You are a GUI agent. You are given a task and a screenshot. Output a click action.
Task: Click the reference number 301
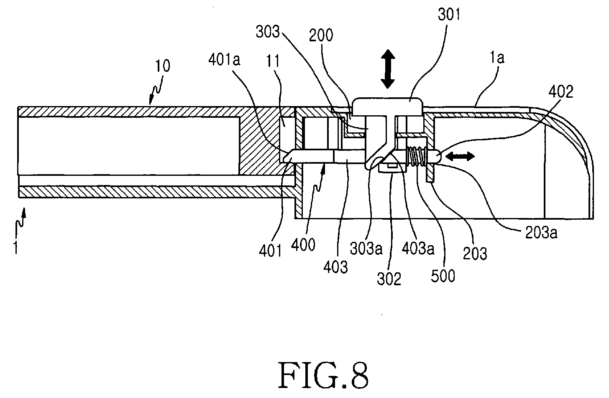(x=449, y=14)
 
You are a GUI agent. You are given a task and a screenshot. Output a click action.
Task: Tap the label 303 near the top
(x=268, y=31)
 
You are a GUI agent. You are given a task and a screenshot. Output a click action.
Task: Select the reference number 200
(x=321, y=35)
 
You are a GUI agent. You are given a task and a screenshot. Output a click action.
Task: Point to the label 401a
(x=224, y=60)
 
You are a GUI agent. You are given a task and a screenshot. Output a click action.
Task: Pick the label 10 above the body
(x=163, y=66)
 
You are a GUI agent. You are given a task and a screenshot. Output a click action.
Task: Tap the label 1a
(x=497, y=58)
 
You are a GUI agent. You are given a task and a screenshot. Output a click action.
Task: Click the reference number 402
(x=561, y=91)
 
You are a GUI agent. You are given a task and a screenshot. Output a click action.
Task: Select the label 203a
(x=541, y=233)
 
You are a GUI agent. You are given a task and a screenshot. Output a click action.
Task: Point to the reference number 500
(x=443, y=276)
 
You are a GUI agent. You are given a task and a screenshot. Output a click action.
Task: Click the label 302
(x=389, y=279)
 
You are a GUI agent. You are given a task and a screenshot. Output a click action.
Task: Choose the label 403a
(x=418, y=248)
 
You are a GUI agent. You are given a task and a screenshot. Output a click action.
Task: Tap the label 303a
(x=366, y=248)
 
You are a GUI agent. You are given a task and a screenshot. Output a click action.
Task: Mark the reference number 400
(x=303, y=245)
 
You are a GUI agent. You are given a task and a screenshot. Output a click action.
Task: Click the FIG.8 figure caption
(x=323, y=375)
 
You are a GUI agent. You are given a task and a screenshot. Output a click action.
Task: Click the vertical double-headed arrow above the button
(x=388, y=69)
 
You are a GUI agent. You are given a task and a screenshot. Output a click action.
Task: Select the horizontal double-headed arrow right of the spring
(x=460, y=156)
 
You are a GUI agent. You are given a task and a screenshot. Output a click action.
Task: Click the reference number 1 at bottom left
(x=16, y=247)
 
